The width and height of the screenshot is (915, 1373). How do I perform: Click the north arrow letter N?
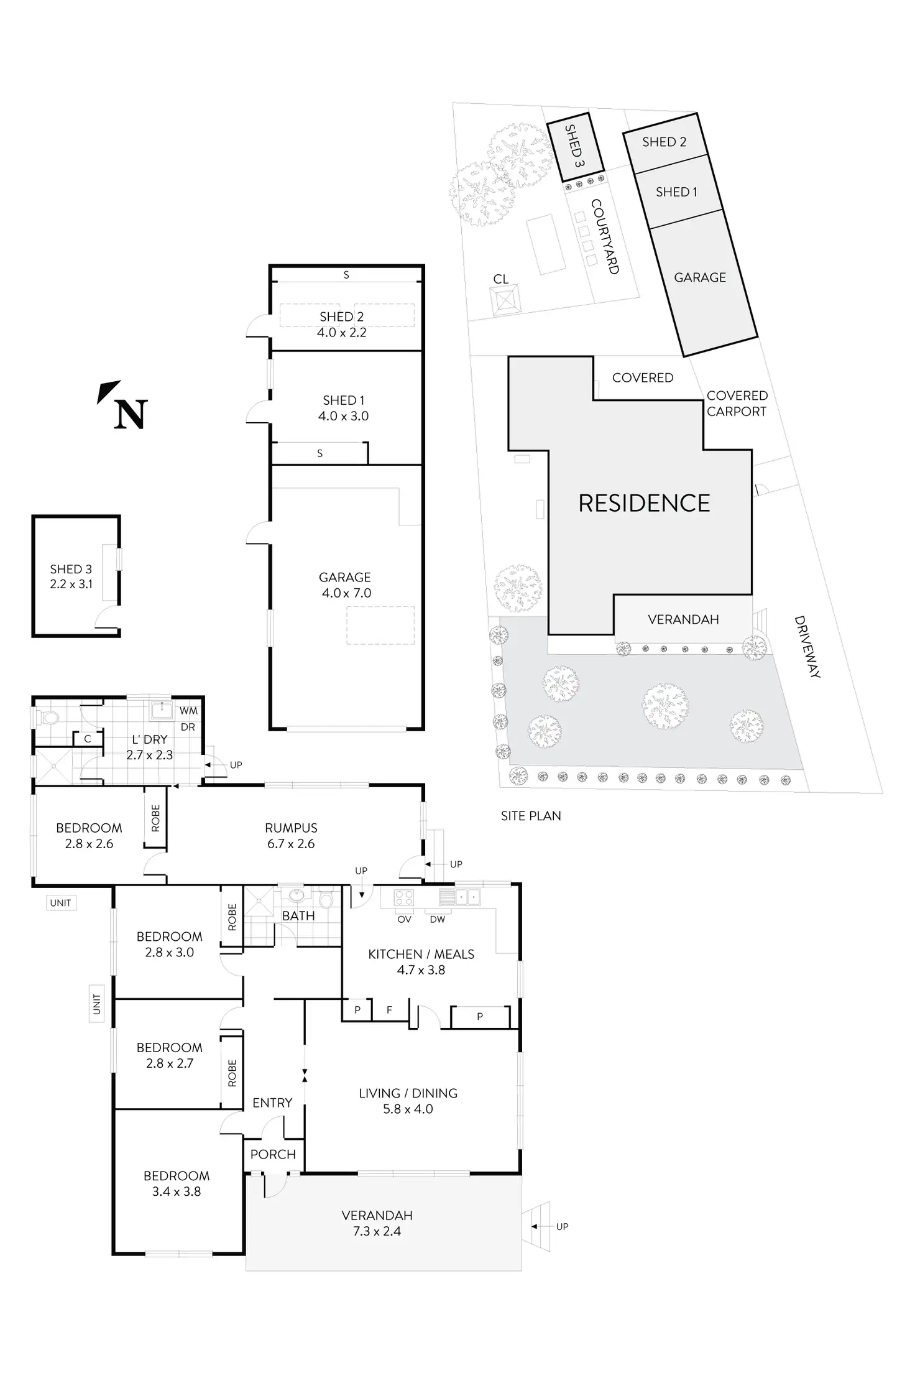click(131, 414)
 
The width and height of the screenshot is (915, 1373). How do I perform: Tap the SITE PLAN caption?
click(530, 816)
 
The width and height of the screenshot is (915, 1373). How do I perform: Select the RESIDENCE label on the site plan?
click(644, 503)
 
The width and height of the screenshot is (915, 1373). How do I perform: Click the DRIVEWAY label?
click(807, 647)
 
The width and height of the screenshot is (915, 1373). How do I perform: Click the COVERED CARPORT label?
click(737, 403)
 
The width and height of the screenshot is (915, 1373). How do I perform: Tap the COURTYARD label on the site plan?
click(605, 236)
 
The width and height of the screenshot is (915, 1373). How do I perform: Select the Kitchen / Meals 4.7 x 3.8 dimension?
click(421, 970)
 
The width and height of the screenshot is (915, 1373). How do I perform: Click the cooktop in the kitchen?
click(405, 897)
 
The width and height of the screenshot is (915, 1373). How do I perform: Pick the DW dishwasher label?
click(437, 919)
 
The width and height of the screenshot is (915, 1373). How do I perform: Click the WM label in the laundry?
click(188, 711)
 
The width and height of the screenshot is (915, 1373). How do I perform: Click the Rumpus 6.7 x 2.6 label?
click(291, 836)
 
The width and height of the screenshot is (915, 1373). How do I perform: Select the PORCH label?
click(273, 1154)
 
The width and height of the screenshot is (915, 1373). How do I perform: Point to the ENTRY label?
click(272, 1103)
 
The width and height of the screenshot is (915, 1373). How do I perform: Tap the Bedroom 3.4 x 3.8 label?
click(177, 1183)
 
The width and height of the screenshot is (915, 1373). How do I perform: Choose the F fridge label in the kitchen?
click(389, 1010)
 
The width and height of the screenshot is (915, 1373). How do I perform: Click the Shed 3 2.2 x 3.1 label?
click(71, 576)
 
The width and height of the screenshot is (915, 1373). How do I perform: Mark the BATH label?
click(298, 916)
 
